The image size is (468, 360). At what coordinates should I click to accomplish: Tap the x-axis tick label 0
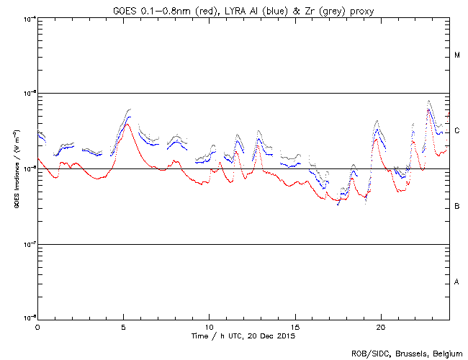click(x=37, y=326)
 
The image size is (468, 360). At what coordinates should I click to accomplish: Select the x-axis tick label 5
click(x=123, y=326)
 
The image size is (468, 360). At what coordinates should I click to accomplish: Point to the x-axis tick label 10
click(x=209, y=326)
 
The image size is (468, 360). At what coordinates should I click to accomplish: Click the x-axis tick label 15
click(x=294, y=326)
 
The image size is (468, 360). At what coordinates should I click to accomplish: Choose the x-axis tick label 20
click(x=380, y=326)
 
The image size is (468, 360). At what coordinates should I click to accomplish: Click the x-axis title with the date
click(x=243, y=336)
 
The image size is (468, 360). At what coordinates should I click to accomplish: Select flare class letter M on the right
click(x=457, y=55)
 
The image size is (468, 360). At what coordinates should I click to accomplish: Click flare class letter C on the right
click(x=457, y=131)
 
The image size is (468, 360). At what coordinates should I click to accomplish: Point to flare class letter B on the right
click(x=457, y=207)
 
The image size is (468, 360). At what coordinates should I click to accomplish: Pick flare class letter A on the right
click(x=457, y=282)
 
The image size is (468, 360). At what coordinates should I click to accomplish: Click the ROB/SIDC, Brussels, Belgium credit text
click(x=406, y=353)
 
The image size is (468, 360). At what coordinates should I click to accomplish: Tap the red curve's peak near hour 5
click(x=127, y=124)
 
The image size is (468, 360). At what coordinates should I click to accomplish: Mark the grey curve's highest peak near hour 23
click(x=429, y=101)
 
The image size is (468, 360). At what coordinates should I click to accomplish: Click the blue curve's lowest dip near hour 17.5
click(x=338, y=204)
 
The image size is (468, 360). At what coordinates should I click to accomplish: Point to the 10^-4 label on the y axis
click(x=29, y=18)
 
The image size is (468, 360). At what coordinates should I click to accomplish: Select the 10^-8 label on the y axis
click(x=29, y=318)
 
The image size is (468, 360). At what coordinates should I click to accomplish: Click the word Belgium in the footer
click(x=446, y=353)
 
